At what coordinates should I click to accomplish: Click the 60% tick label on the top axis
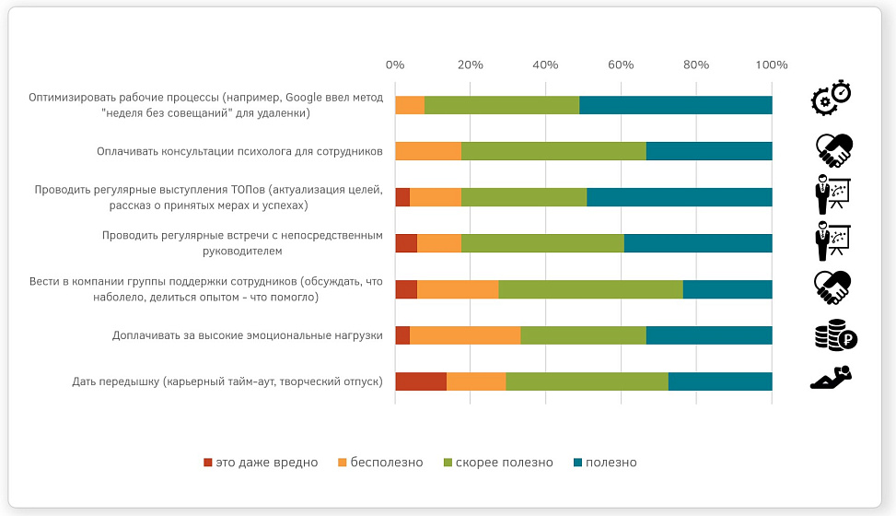click(621, 65)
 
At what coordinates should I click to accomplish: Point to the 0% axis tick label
click(395, 65)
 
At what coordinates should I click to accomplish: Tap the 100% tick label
click(772, 65)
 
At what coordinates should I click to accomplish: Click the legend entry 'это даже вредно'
click(261, 463)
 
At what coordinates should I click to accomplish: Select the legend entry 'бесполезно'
click(380, 463)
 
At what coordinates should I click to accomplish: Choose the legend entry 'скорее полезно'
click(498, 463)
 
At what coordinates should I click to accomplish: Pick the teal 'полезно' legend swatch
click(577, 463)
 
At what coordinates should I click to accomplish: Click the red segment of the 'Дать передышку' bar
click(421, 381)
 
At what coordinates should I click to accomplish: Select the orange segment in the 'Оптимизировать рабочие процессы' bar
click(410, 105)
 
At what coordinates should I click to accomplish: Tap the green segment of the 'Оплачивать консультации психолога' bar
click(553, 151)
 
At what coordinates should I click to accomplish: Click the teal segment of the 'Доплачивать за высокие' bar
click(709, 335)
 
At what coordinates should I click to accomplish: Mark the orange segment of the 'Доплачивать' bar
click(465, 335)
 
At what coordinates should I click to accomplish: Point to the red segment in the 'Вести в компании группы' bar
click(406, 289)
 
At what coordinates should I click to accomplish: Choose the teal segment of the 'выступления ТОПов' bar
click(680, 197)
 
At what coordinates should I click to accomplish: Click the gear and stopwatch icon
click(832, 98)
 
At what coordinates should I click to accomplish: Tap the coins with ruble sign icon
click(836, 334)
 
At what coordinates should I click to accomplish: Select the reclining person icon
click(832, 378)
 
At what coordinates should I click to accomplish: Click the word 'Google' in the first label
click(304, 98)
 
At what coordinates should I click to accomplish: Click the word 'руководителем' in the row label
click(242, 252)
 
